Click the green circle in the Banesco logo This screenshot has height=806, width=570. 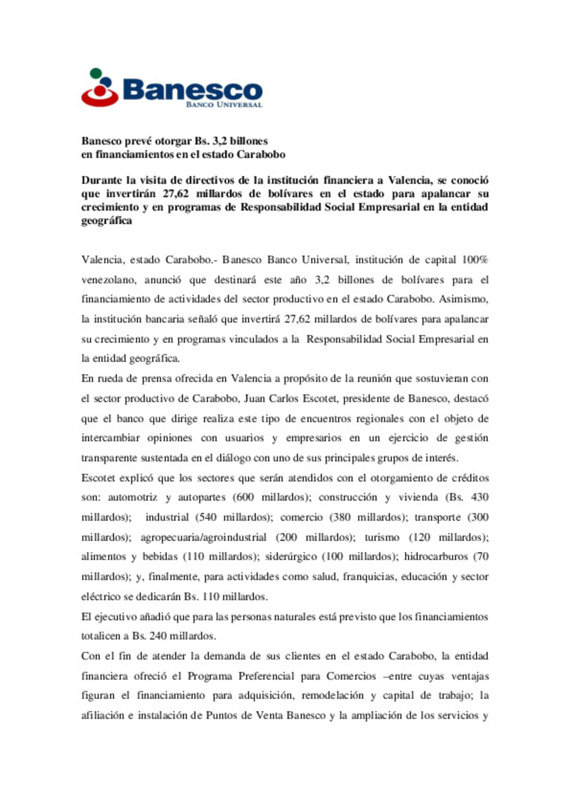click(96, 73)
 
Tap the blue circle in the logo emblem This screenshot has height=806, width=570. click(107, 83)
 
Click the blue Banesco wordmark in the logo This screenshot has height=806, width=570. click(192, 89)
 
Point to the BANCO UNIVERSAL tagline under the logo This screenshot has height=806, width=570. click(224, 104)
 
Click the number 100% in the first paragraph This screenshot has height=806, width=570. click(474, 260)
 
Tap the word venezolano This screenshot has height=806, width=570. click(109, 280)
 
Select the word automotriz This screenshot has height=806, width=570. click(132, 497)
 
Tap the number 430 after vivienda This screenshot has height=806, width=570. click(479, 497)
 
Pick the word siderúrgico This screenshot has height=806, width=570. click(291, 556)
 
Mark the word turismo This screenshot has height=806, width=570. click(382, 537)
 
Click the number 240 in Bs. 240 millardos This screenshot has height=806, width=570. click(158, 636)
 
